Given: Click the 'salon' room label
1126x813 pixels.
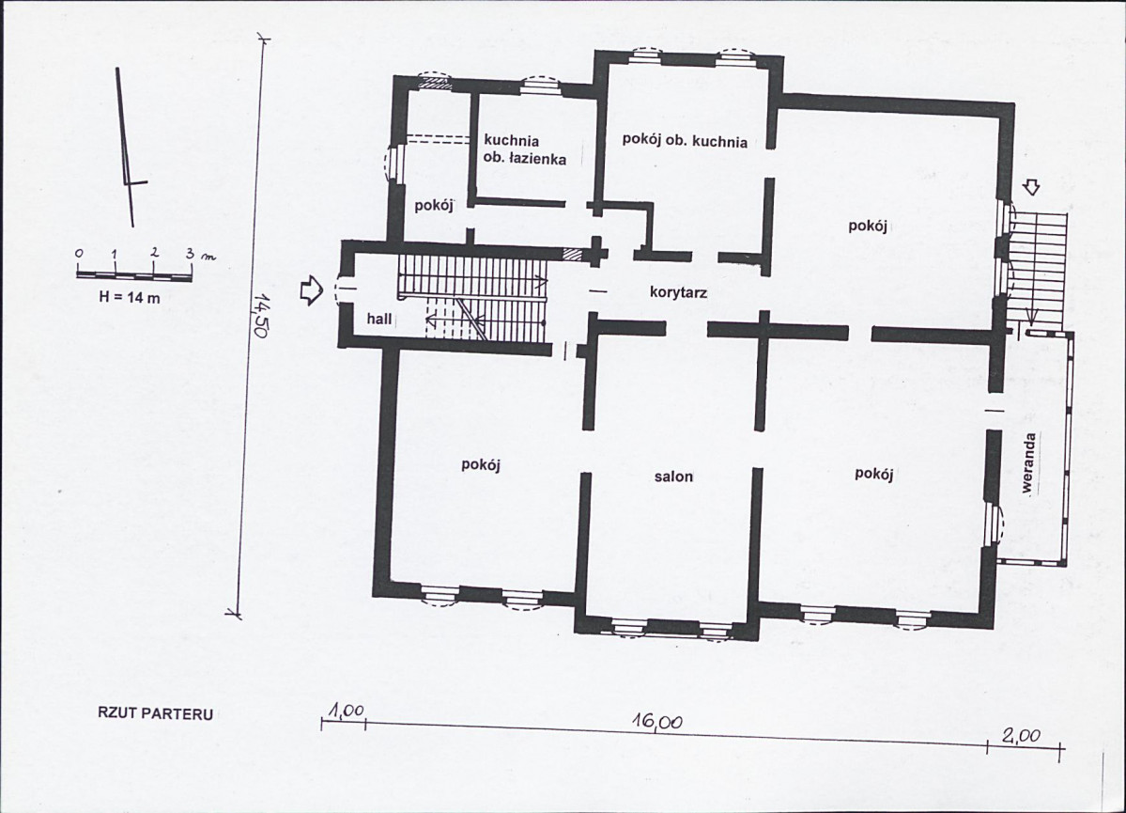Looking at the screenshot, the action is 673,476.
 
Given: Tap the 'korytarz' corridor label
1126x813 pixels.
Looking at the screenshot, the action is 679,292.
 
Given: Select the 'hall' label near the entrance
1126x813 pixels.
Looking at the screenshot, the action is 379,318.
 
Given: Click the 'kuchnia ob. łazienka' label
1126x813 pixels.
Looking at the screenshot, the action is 525,149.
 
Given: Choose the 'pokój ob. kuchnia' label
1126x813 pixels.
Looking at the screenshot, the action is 685,140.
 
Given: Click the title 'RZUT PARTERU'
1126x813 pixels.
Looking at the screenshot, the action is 155,713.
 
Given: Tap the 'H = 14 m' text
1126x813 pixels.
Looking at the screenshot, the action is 130,298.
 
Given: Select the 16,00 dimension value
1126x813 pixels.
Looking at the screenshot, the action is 657,721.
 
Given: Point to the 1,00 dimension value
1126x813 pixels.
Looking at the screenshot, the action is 347,711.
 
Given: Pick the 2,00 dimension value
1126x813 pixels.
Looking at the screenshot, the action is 1021,736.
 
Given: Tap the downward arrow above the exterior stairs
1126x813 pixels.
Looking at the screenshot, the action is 1032,188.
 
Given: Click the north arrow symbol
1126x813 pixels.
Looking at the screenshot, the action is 130,147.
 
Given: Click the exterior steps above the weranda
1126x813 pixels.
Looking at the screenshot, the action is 1036,270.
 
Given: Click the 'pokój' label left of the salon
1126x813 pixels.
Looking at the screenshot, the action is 481,465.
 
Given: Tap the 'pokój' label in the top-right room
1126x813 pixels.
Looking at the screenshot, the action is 868,226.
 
